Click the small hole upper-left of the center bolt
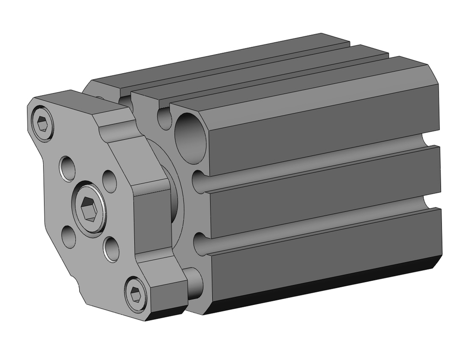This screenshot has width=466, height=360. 68,168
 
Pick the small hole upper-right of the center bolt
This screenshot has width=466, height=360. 110,181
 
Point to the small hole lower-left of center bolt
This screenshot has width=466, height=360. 69,237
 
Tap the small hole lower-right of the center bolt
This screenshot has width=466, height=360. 111,249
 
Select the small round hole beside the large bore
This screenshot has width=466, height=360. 164,118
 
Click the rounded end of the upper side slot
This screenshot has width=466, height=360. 199,181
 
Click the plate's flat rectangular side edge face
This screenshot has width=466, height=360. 151,219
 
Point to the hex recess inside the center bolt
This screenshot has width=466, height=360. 89,207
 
